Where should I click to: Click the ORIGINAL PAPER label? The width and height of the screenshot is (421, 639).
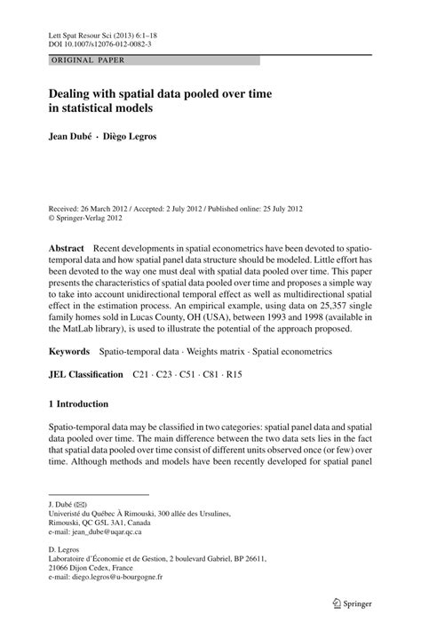pos(75,60)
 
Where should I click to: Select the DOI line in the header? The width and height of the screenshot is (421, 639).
pos(99,42)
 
